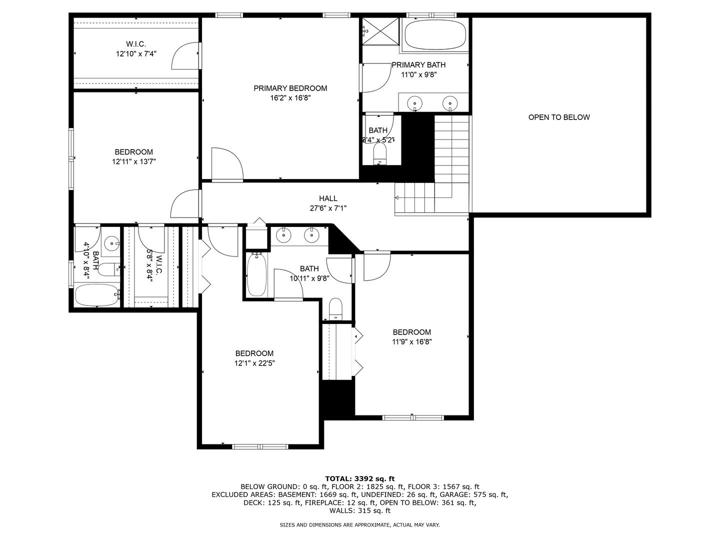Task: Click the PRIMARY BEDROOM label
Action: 290,88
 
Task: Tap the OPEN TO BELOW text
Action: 559,117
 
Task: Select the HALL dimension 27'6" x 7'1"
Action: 328,208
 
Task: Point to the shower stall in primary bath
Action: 381,31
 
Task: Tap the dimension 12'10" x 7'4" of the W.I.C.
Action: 136,53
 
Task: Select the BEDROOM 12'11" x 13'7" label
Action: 133,152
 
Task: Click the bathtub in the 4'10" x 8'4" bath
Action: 97,295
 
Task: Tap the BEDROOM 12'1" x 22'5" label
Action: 254,353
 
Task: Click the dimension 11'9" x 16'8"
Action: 411,342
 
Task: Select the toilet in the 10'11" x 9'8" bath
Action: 335,308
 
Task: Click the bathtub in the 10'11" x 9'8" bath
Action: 257,275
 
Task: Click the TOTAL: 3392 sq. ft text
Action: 360,478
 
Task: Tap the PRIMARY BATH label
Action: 418,65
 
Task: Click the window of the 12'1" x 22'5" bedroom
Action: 260,446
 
